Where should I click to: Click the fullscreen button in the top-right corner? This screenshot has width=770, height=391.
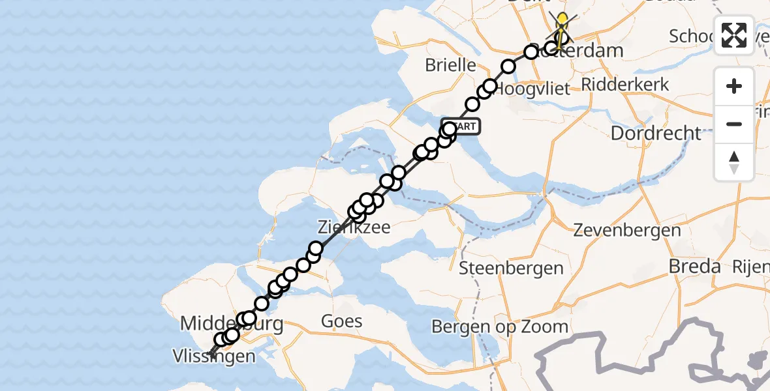[x=734, y=35]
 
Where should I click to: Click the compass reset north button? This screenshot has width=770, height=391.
[x=734, y=162]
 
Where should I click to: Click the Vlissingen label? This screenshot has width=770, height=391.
[x=214, y=356]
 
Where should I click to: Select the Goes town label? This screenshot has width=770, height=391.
[x=342, y=321]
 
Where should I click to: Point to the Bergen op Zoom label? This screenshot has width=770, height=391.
[x=501, y=326]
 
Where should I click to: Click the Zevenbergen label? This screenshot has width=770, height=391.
[x=626, y=230]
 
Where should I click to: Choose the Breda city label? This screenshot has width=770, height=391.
[x=695, y=266]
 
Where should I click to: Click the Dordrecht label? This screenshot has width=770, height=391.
[x=656, y=133]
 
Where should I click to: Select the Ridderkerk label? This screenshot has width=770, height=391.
[x=625, y=84]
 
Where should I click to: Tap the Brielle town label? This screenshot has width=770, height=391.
[x=450, y=65]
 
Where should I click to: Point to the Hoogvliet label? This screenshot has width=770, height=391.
[x=532, y=89]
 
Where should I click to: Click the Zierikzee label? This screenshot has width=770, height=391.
[x=354, y=227]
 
